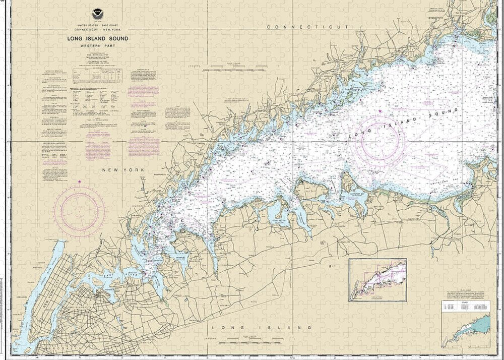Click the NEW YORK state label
(x=123, y=170)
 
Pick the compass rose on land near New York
(x=80, y=207)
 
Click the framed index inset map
(x=377, y=280)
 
